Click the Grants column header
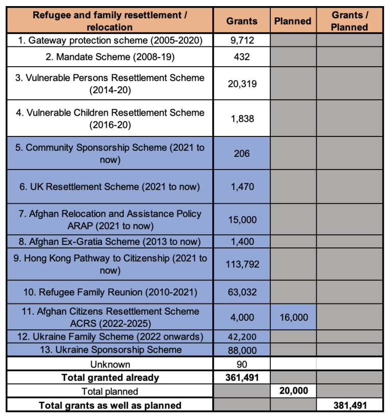click(242, 21)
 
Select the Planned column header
click(293, 21)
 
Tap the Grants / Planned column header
click(349, 21)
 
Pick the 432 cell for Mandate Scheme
click(242, 57)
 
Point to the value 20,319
click(242, 84)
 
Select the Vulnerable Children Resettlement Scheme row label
click(110, 119)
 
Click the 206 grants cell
click(242, 153)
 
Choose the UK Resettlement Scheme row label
click(110, 187)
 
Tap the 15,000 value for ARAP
click(242, 220)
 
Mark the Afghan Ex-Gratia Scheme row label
click(110, 241)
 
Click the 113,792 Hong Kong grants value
click(242, 264)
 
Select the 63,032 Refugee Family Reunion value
click(242, 292)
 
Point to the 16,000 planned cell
click(294, 317)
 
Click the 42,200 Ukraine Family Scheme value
click(242, 337)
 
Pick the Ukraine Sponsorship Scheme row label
click(110, 350)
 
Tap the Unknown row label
click(110, 364)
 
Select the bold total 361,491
click(242, 378)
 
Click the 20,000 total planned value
click(294, 392)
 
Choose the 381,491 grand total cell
click(349, 405)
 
